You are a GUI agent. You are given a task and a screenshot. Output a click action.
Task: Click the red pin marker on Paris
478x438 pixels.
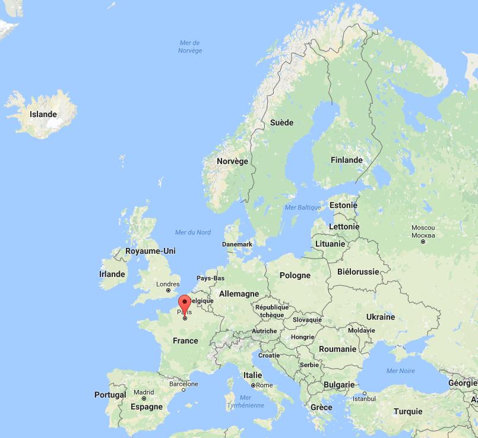pos(185,303)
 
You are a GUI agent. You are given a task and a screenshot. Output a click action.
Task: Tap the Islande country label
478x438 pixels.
pos(43,114)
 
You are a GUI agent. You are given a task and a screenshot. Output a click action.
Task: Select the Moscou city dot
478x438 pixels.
pos(423,241)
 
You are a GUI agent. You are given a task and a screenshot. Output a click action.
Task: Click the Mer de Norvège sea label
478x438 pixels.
pos(190,46)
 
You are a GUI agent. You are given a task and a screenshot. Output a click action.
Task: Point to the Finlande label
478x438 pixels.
pos(346,160)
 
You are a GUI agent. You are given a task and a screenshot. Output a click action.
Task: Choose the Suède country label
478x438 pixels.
pos(281,122)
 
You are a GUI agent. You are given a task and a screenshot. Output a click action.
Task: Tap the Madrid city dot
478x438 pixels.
pos(144,399)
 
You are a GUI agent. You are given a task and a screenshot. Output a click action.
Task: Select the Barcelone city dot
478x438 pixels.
pos(183,390)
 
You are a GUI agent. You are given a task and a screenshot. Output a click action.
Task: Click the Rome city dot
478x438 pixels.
pos(253,385)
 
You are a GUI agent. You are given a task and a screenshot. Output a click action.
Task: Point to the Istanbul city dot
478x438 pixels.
pos(365,393)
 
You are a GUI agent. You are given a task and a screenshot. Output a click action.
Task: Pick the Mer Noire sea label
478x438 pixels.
pos(401,371)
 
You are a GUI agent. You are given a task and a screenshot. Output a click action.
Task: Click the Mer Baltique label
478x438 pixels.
pos(303,207)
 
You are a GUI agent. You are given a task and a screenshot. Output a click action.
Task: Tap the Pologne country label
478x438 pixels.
pos(295,275)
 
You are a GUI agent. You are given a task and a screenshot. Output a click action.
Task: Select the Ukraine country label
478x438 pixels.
pos(380,317)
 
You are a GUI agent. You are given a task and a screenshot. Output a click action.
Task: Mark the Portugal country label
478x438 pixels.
pos(110,395)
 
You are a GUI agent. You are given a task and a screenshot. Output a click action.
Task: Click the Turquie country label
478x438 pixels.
pos(408,411)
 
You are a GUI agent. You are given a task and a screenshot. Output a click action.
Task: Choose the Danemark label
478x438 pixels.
pos(237,244)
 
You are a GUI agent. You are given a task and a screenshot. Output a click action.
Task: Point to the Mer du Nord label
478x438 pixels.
pos(193,232)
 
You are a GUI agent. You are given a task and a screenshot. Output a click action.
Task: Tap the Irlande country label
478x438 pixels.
pos(112,274)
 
